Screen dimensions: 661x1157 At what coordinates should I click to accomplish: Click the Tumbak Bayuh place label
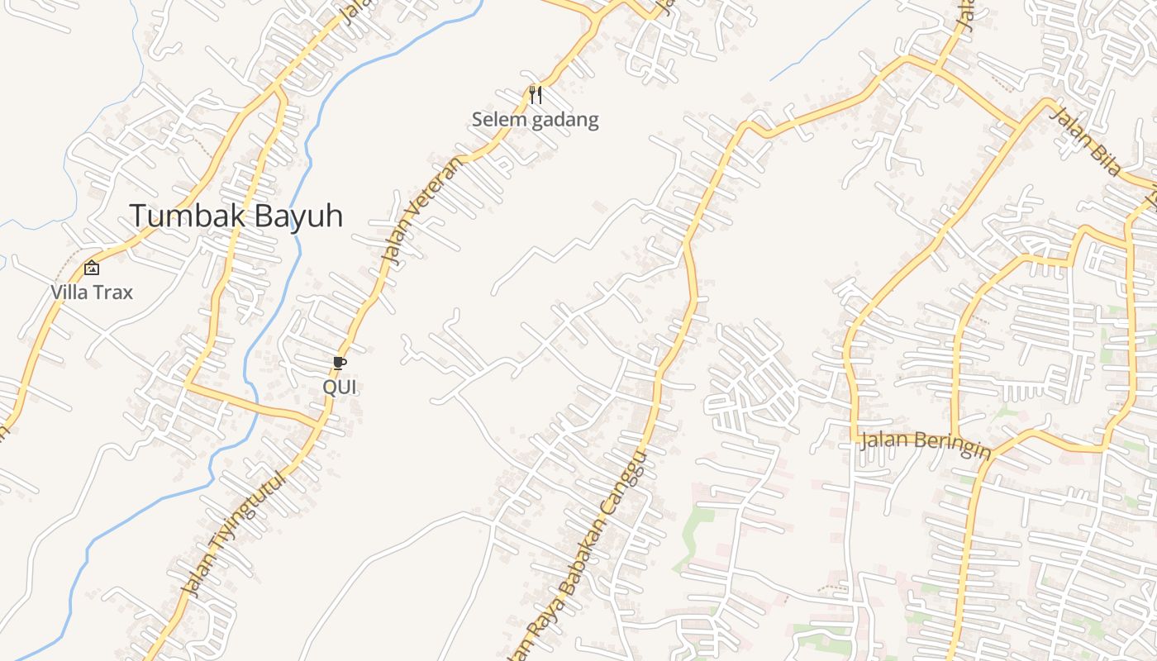[236, 216]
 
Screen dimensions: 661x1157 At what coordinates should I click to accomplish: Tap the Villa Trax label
[91, 292]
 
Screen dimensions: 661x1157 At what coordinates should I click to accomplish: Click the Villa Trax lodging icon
[92, 268]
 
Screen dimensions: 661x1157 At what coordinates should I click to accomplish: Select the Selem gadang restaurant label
[535, 120]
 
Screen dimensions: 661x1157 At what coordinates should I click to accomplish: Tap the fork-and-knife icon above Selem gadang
[536, 95]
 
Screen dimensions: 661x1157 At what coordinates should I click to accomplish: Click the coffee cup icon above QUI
[339, 363]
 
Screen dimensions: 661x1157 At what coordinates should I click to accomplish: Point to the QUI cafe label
[339, 387]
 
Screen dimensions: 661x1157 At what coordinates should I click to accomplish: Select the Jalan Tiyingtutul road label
[235, 534]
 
